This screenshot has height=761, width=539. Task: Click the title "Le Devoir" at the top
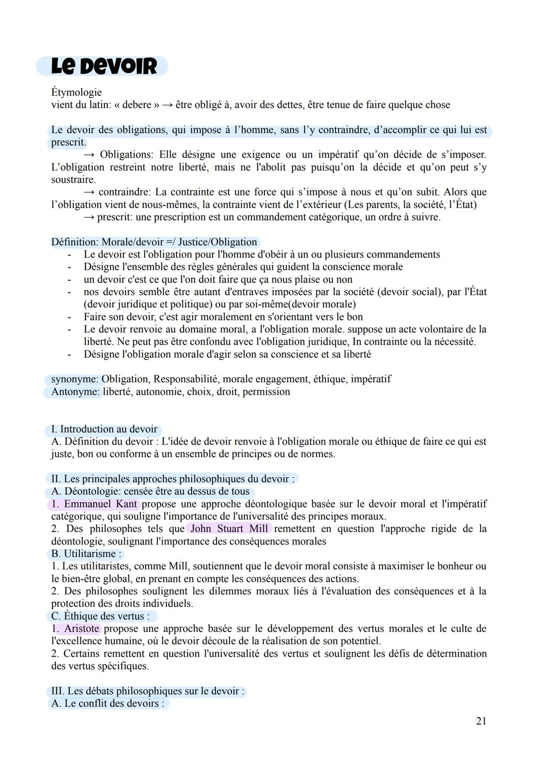pyautogui.click(x=103, y=66)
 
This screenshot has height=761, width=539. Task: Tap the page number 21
pyautogui.click(x=481, y=721)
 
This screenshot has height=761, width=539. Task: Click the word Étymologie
pyautogui.click(x=76, y=92)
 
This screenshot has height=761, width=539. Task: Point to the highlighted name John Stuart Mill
pyautogui.click(x=229, y=529)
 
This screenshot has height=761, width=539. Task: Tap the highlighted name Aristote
pyautogui.click(x=81, y=629)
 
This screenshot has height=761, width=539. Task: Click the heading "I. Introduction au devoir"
pyautogui.click(x=104, y=429)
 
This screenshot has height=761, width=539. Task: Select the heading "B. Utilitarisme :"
pyautogui.click(x=86, y=554)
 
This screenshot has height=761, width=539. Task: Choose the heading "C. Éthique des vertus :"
pyautogui.click(x=100, y=616)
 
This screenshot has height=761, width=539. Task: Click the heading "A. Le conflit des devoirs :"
pyautogui.click(x=108, y=704)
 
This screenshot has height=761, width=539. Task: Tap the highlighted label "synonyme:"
pyautogui.click(x=75, y=379)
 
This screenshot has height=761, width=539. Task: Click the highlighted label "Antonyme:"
pyautogui.click(x=75, y=392)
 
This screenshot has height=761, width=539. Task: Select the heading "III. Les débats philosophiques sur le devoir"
pyautogui.click(x=148, y=691)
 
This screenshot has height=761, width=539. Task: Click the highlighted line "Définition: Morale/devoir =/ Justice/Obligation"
pyautogui.click(x=154, y=242)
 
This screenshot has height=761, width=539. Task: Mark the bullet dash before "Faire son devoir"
pyautogui.click(x=69, y=317)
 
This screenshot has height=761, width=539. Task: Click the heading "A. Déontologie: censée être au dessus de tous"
pyautogui.click(x=150, y=492)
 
